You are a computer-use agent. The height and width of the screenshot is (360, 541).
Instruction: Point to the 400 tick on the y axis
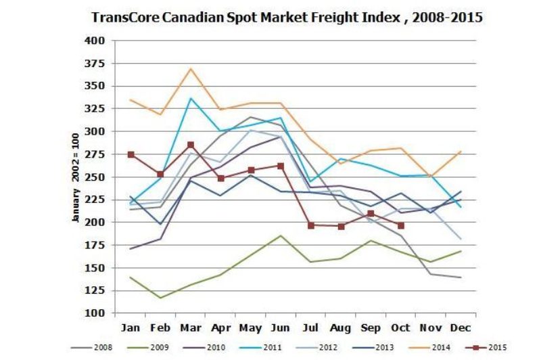tap(95, 41)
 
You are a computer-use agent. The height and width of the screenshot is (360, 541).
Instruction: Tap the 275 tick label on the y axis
tap(95, 154)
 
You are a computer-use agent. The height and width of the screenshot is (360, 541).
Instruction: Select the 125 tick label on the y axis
tap(95, 290)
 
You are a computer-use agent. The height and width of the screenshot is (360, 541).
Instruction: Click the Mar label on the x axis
tap(191, 328)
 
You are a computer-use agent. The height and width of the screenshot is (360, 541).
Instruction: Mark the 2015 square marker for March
tap(191, 145)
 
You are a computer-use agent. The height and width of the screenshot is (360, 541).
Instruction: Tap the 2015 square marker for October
tap(401, 225)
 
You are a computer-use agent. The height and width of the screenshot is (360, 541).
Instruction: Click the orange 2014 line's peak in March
tap(191, 68)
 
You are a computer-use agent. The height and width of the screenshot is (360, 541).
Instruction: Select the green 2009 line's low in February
tap(160, 298)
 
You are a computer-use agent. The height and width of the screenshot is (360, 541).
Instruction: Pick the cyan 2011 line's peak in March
tap(191, 98)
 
